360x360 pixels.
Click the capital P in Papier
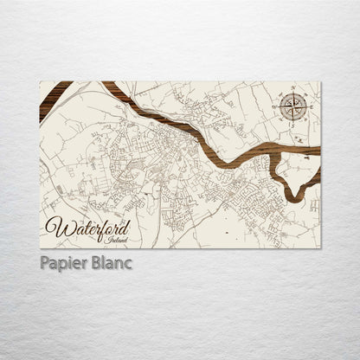[x=43, y=263]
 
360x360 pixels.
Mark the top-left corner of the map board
[x=41, y=82]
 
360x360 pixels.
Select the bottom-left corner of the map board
[x=41, y=248]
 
